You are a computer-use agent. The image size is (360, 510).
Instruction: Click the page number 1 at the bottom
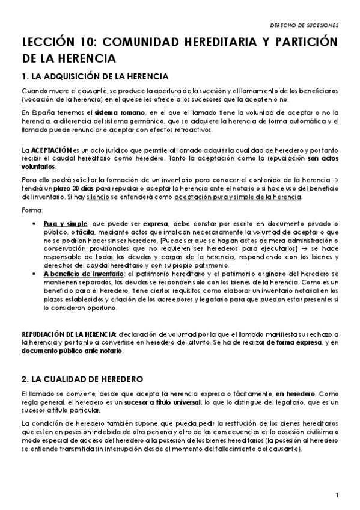tap(338, 495)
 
